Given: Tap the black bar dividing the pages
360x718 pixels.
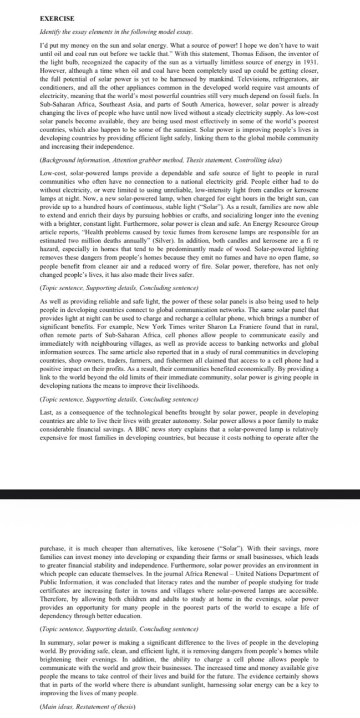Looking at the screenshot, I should [180, 494].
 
